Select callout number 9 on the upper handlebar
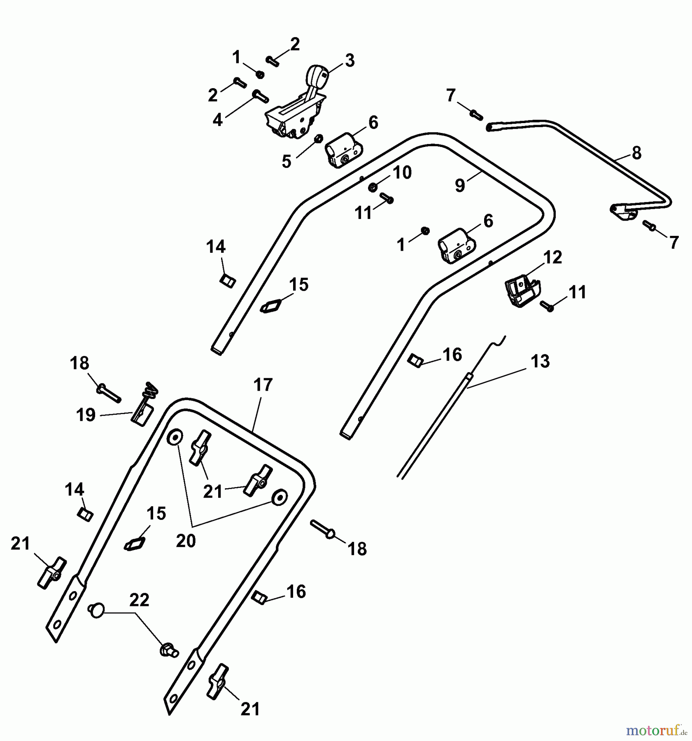pyautogui.click(x=460, y=186)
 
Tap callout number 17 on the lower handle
pyautogui.click(x=263, y=385)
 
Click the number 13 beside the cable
pyautogui.click(x=540, y=361)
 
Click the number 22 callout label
pyautogui.click(x=139, y=601)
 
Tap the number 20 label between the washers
pyautogui.click(x=186, y=541)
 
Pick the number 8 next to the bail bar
pyautogui.click(x=636, y=153)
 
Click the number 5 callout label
pyautogui.click(x=287, y=161)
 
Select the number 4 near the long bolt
pyautogui.click(x=217, y=120)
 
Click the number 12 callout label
pyautogui.click(x=552, y=257)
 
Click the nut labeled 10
pyautogui.click(x=372, y=187)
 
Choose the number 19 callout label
pyautogui.click(x=86, y=415)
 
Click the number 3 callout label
pyautogui.click(x=349, y=61)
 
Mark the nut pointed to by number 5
pyautogui.click(x=318, y=139)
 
